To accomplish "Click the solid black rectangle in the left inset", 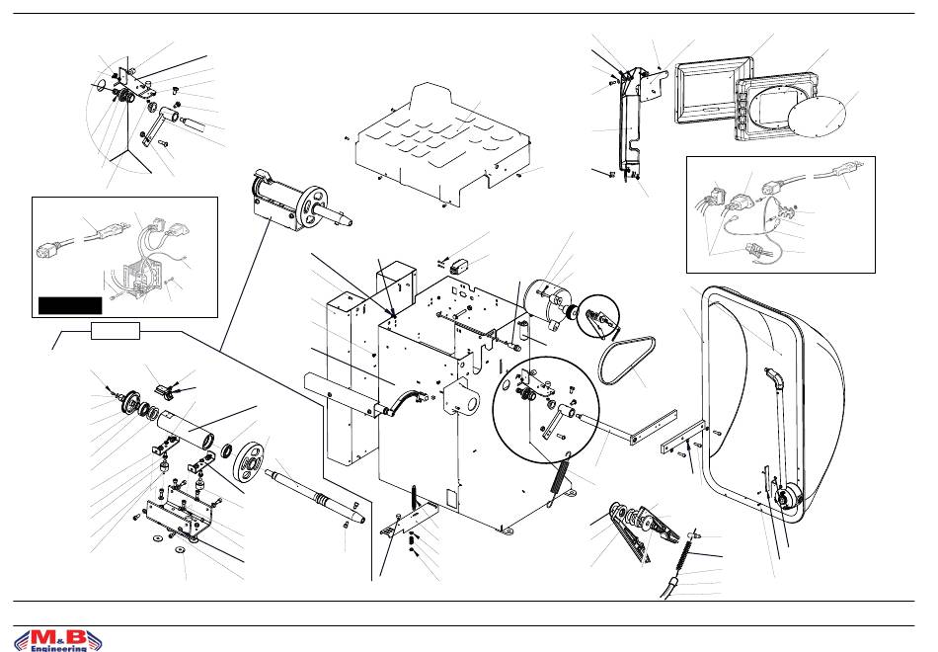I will click(x=69, y=304).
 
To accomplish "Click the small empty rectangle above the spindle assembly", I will click(x=115, y=330).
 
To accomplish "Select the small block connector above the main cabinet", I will click(x=457, y=264).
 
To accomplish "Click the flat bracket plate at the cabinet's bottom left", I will click(x=410, y=518).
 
